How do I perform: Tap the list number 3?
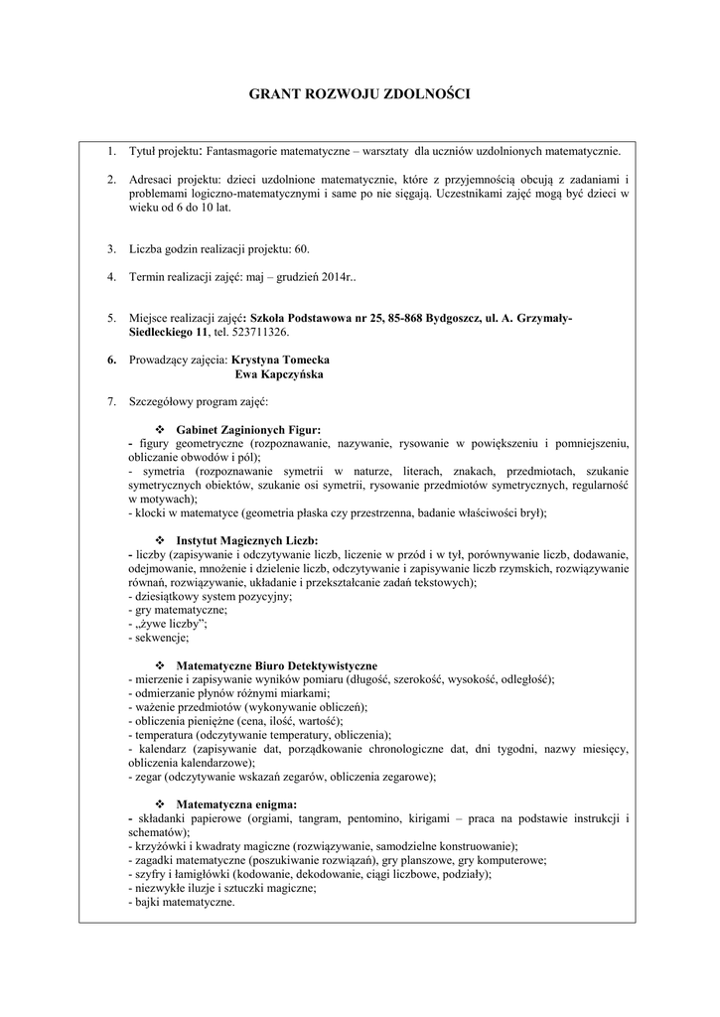tap(111, 247)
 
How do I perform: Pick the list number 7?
tap(111, 402)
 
